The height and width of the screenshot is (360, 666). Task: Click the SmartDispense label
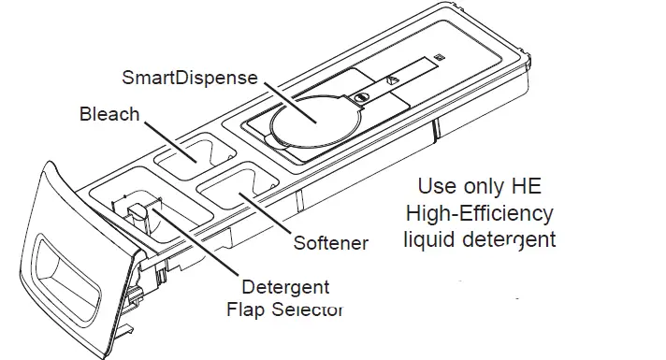[x=190, y=77]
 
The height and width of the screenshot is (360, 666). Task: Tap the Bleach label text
[x=109, y=114]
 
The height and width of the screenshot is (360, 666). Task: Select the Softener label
[x=330, y=244]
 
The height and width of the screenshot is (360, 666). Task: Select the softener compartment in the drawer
[x=236, y=191]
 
